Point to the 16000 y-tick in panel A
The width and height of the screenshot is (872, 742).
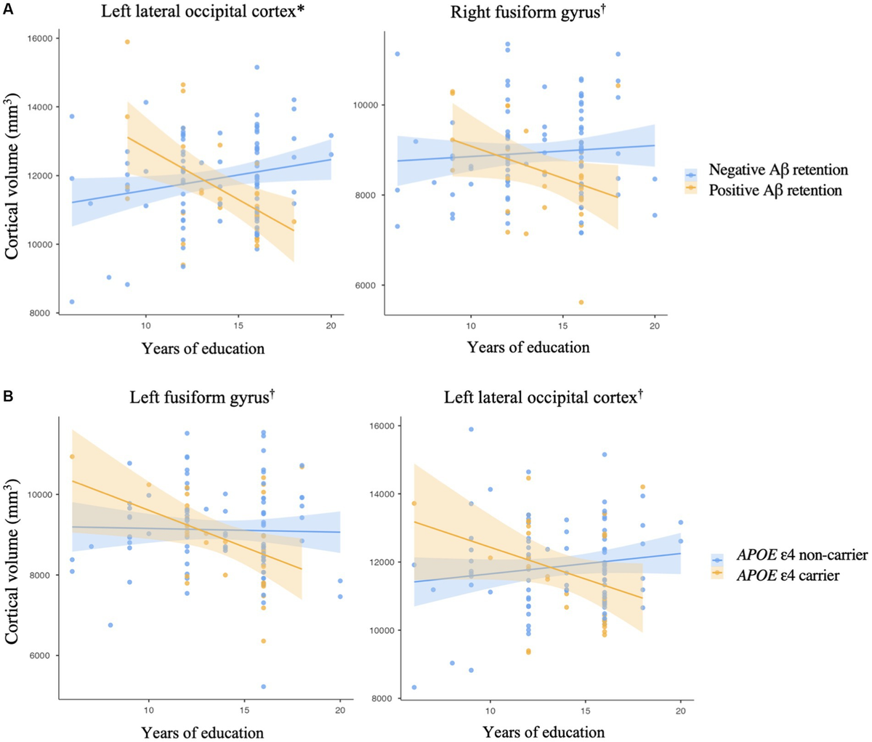pos(46,38)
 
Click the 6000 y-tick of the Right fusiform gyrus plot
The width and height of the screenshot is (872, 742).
pos(375,285)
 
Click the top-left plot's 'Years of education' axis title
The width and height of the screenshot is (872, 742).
pos(203,347)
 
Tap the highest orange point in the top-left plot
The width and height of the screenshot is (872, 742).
pos(127,41)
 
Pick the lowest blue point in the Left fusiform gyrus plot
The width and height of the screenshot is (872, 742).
pos(263,686)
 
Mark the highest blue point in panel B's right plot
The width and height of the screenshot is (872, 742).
pos(471,429)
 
